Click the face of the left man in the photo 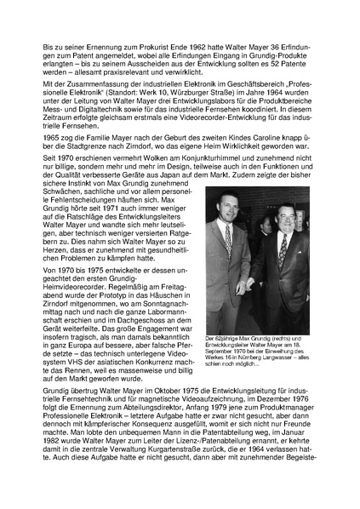pyautogui.click(x=228, y=231)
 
